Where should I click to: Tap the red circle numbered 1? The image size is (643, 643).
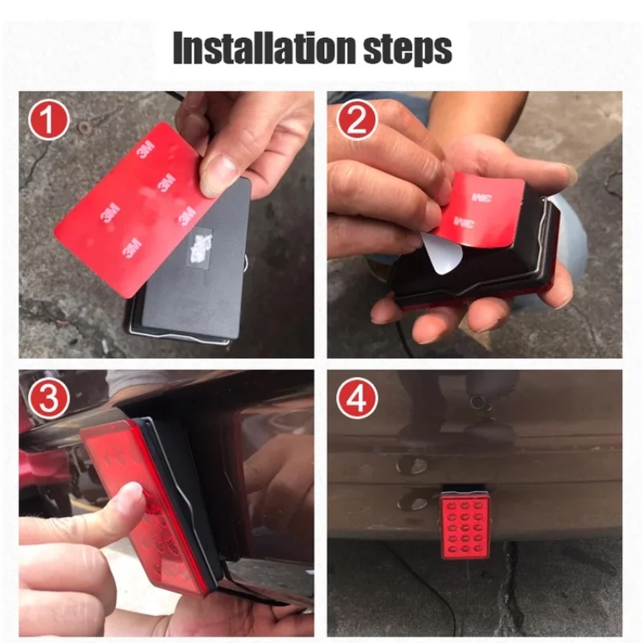pos(49,120)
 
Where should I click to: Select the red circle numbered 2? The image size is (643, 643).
pos(357,120)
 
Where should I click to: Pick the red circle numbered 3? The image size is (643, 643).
pos(49,399)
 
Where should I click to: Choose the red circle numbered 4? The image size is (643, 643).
pos(357,399)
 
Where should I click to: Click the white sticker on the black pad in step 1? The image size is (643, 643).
pos(199,245)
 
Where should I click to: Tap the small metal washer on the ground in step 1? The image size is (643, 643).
pos(85,128)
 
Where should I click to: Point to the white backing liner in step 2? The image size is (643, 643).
pos(442,255)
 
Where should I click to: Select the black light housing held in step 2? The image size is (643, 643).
pos(476,263)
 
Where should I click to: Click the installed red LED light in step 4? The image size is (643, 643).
pos(465,524)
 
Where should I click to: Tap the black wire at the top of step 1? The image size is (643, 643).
pos(177,96)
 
